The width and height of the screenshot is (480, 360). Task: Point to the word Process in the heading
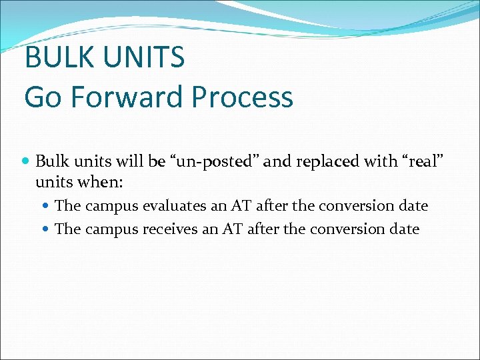(242, 97)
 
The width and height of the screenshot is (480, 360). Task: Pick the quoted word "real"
(414, 162)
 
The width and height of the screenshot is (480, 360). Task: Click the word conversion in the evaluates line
(359, 206)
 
